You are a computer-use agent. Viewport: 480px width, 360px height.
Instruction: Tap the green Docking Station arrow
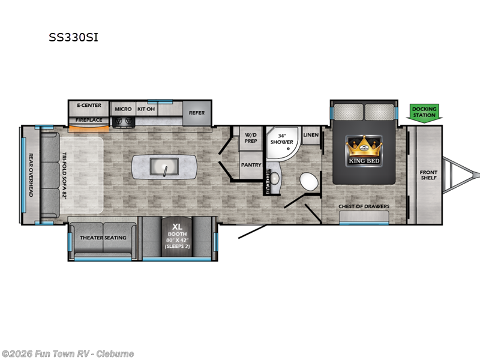point(424,112)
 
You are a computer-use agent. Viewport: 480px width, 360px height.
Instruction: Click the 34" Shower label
point(281,139)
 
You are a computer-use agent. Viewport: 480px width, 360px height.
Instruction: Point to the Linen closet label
point(310,135)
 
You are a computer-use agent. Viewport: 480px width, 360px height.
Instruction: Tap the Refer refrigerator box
point(196,113)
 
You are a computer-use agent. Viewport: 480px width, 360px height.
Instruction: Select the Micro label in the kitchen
point(123,109)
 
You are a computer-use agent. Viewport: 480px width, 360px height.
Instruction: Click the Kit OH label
point(146,109)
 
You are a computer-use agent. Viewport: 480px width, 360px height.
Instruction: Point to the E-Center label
point(89,106)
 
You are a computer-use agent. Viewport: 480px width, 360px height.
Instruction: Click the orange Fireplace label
point(88,120)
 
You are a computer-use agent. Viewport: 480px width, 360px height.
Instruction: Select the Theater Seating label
point(103,238)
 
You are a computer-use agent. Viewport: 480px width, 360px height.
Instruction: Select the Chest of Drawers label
point(364,206)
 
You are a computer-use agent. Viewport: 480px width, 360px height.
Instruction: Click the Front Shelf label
point(428,175)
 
